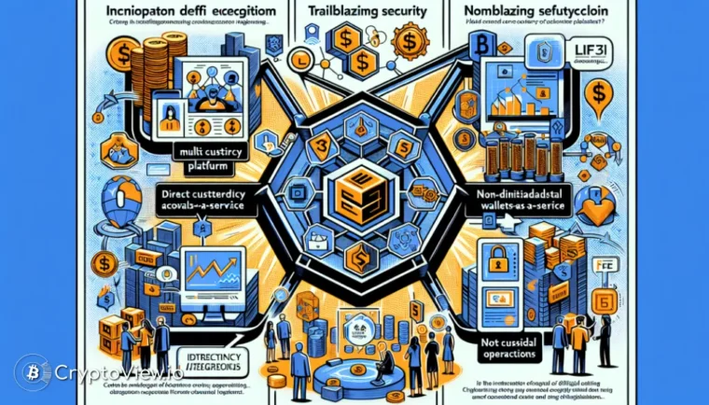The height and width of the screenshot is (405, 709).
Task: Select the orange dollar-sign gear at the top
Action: (x=409, y=42)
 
